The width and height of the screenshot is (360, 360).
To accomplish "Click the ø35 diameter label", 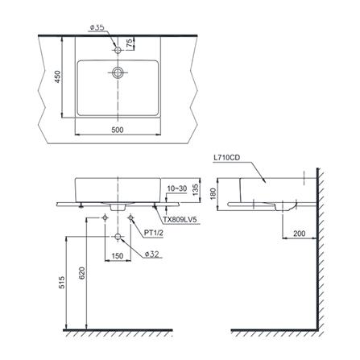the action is point(97,27).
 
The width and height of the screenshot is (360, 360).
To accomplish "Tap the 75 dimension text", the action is point(130,43).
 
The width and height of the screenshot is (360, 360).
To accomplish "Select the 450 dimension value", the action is point(58,77).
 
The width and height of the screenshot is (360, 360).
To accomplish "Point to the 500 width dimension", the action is point(118,130).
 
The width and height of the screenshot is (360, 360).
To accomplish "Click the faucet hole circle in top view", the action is point(118,50).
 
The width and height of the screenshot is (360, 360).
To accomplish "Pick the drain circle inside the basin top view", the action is point(118,72).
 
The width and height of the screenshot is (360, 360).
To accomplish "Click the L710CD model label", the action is point(226,158).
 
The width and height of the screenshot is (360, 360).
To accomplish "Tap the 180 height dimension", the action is point(213,194).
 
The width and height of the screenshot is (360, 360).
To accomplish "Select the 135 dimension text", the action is point(196,189).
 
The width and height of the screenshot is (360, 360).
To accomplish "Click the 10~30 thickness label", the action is point(177,188).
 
